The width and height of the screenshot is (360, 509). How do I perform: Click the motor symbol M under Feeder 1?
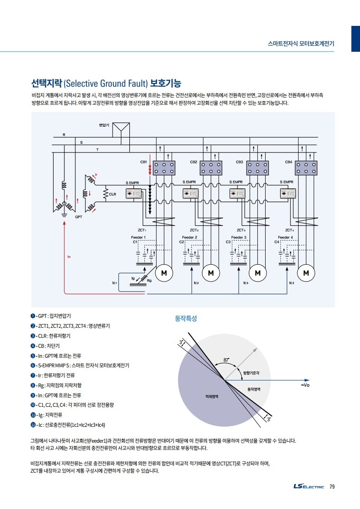tap(164, 273)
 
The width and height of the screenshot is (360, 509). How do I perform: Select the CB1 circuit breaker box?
tap(164, 168)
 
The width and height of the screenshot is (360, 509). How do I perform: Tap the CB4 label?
tap(289, 162)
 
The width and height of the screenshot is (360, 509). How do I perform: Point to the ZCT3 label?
tap(242, 230)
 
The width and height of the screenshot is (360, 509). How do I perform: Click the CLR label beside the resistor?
tap(113, 194)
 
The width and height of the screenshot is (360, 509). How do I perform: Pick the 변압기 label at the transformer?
tap(104, 124)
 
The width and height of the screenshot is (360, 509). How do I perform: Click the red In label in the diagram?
tap(69, 257)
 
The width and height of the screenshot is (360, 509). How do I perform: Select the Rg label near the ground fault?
tap(149, 281)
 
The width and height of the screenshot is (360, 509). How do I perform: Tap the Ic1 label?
tap(115, 282)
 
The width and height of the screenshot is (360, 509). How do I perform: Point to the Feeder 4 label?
tap(286, 237)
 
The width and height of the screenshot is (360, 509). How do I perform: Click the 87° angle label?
tap(226, 360)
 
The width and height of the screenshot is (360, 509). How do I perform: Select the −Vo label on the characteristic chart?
tap(305, 385)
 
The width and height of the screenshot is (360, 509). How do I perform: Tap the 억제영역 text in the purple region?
tap(212, 396)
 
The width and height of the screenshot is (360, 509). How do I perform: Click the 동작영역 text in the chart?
tap(254, 390)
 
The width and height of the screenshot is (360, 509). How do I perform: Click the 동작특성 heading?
tap(186, 319)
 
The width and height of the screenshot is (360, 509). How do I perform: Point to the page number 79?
tap(332, 487)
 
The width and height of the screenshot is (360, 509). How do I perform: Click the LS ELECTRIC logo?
tap(309, 487)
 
